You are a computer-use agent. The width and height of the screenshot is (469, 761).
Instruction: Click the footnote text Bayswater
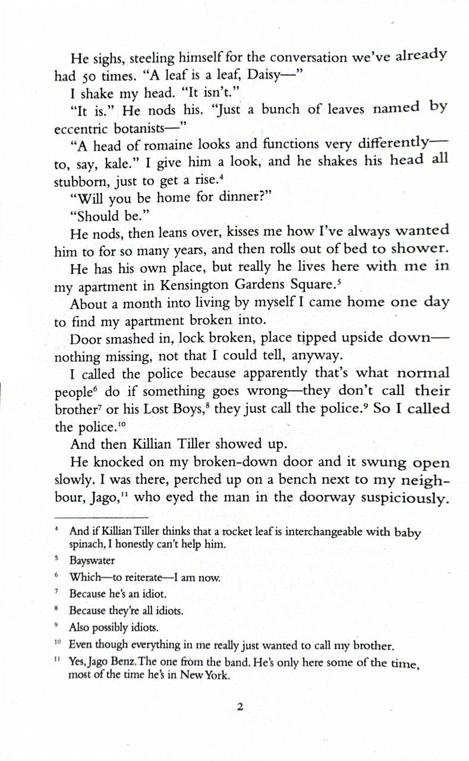pos(92,561)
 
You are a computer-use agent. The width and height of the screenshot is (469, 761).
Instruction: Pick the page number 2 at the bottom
pos(240,707)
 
